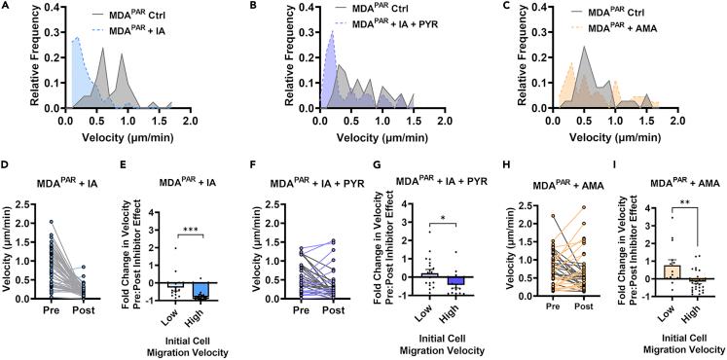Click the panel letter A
click(x=5, y=7)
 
